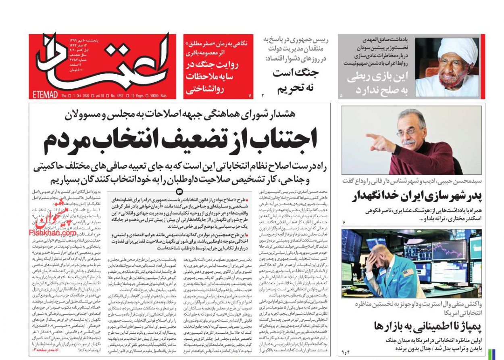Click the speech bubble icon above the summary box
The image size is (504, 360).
pyautogui.click(x=180, y=191)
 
